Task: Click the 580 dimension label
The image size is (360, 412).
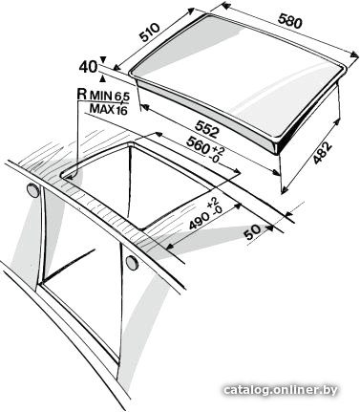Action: [x=289, y=21]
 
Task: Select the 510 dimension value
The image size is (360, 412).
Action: [x=150, y=33]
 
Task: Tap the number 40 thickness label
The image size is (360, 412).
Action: [x=88, y=67]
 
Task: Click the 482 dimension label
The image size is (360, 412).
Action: [x=322, y=153]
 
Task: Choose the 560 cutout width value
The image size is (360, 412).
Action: [x=198, y=145]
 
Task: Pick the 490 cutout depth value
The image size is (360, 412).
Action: [x=200, y=220]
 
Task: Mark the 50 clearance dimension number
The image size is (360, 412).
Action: [x=253, y=232]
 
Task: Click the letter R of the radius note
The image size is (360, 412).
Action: [x=82, y=94]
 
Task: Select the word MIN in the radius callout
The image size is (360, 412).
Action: [x=100, y=95]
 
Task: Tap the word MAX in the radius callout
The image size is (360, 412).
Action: [x=102, y=109]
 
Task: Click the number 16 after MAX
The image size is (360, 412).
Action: [x=121, y=110]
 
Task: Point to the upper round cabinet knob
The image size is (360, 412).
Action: [x=32, y=190]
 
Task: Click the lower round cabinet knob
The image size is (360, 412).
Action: [x=132, y=262]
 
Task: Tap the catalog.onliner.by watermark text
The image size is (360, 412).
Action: [x=281, y=390]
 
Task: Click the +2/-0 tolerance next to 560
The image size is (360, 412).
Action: [x=216, y=154]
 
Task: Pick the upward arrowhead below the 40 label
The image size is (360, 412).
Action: [x=102, y=77]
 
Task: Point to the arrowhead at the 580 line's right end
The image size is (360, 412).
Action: [x=354, y=54]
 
